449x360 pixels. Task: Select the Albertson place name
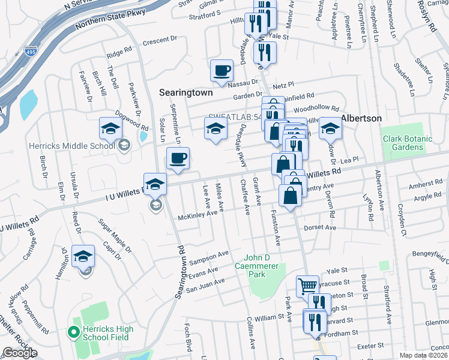coord(361,118)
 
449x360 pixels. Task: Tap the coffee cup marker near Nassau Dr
coord(221,70)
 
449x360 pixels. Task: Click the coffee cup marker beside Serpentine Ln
coord(178,158)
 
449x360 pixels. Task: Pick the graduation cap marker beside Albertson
coord(330,128)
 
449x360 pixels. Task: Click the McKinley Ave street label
coord(197,214)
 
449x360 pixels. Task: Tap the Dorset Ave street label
coord(322,228)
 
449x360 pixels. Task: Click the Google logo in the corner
coord(20,353)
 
